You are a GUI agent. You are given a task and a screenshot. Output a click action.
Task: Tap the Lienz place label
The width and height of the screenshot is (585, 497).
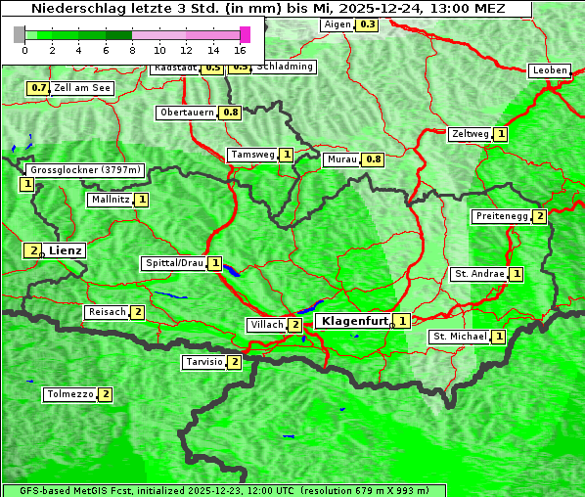[x=66, y=250]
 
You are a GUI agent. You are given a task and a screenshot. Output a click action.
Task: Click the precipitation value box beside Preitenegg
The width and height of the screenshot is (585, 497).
[x=539, y=216]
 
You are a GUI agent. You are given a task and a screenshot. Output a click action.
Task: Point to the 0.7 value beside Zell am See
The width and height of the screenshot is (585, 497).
[x=38, y=88]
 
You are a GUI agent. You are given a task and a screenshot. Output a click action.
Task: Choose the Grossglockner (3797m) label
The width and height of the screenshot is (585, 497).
[x=85, y=170]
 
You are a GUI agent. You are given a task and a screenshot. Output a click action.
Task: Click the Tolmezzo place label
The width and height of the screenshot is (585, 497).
[x=69, y=394]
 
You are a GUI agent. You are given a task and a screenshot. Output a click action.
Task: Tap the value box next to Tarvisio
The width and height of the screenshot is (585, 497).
[x=234, y=362]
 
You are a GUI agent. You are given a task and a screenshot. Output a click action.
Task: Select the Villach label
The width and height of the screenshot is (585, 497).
[x=266, y=325]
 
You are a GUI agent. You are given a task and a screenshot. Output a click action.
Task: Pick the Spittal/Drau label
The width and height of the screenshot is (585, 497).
[x=174, y=263]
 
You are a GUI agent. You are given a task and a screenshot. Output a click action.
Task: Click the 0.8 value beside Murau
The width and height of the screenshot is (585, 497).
[x=373, y=159]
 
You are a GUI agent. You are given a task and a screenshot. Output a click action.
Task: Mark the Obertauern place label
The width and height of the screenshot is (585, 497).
[x=186, y=113]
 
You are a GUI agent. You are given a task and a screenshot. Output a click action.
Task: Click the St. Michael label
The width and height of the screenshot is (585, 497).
[x=460, y=337]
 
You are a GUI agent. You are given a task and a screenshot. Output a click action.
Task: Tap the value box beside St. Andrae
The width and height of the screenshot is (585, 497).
[x=517, y=274]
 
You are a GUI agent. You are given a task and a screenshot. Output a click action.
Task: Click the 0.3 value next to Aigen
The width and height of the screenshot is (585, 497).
[x=367, y=24]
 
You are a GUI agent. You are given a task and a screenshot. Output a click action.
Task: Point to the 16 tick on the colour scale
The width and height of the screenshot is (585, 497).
[x=240, y=50]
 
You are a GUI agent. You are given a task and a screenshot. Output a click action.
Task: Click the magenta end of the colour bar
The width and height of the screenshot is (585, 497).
[x=245, y=34]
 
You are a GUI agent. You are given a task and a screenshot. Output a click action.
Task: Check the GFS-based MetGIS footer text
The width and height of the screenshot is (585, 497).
[x=223, y=490]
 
